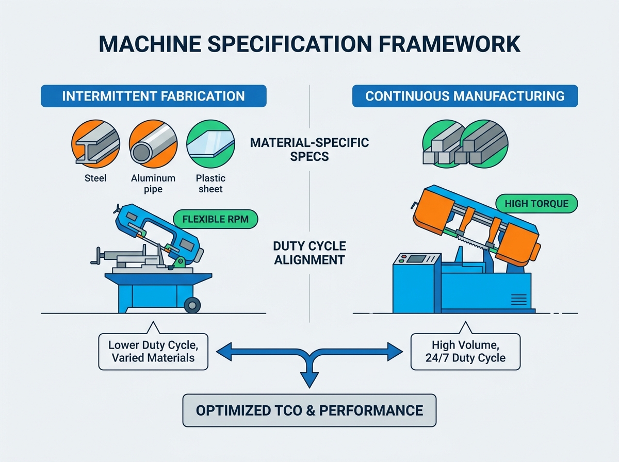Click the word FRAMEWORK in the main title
[449, 44]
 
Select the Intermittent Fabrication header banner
[154, 96]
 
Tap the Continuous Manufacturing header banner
[465, 96]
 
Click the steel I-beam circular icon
[95, 144]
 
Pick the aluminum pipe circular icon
[153, 144]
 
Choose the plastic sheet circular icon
[210, 144]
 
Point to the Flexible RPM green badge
[216, 219]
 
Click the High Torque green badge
[536, 204]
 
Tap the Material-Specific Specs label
[309, 150]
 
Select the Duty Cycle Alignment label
[309, 253]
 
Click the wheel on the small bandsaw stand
[192, 305]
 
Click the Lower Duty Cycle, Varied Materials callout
[153, 352]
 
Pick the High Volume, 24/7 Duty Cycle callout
[465, 352]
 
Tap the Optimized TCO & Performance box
[309, 410]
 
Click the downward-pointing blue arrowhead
[309, 379]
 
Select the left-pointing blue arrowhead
[224, 352]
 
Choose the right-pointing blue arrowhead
[395, 352]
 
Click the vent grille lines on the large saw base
[519, 300]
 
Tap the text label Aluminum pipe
[153, 184]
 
